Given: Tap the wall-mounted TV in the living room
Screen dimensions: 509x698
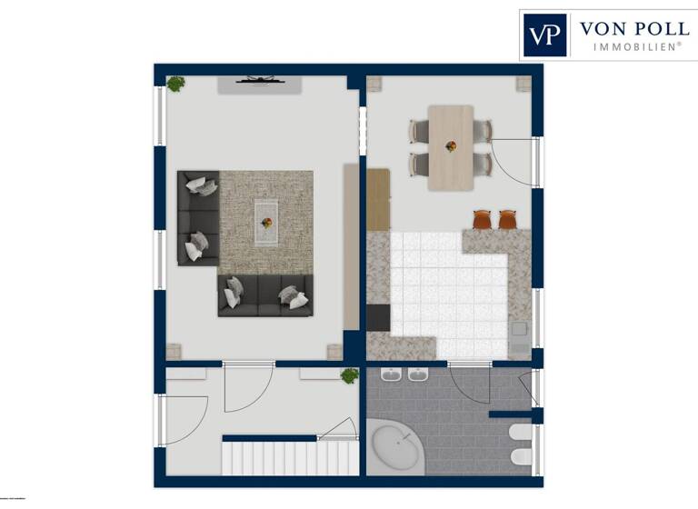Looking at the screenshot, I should coord(259,81).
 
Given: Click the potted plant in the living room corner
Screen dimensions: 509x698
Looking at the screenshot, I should coord(175,84).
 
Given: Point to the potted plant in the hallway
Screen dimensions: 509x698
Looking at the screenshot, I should coord(349,375).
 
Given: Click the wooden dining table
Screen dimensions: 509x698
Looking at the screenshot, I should coord(451,147).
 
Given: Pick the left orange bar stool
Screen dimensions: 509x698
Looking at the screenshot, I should coord(483,219).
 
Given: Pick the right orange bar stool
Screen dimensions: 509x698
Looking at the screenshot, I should coord(506,219).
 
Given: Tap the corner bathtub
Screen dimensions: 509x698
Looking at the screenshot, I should coord(397,446).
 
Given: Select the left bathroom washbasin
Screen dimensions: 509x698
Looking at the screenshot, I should coord(393,374).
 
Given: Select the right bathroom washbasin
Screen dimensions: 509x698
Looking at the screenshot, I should coord(418,374).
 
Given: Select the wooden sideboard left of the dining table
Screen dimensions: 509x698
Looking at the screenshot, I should coord(378,199).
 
